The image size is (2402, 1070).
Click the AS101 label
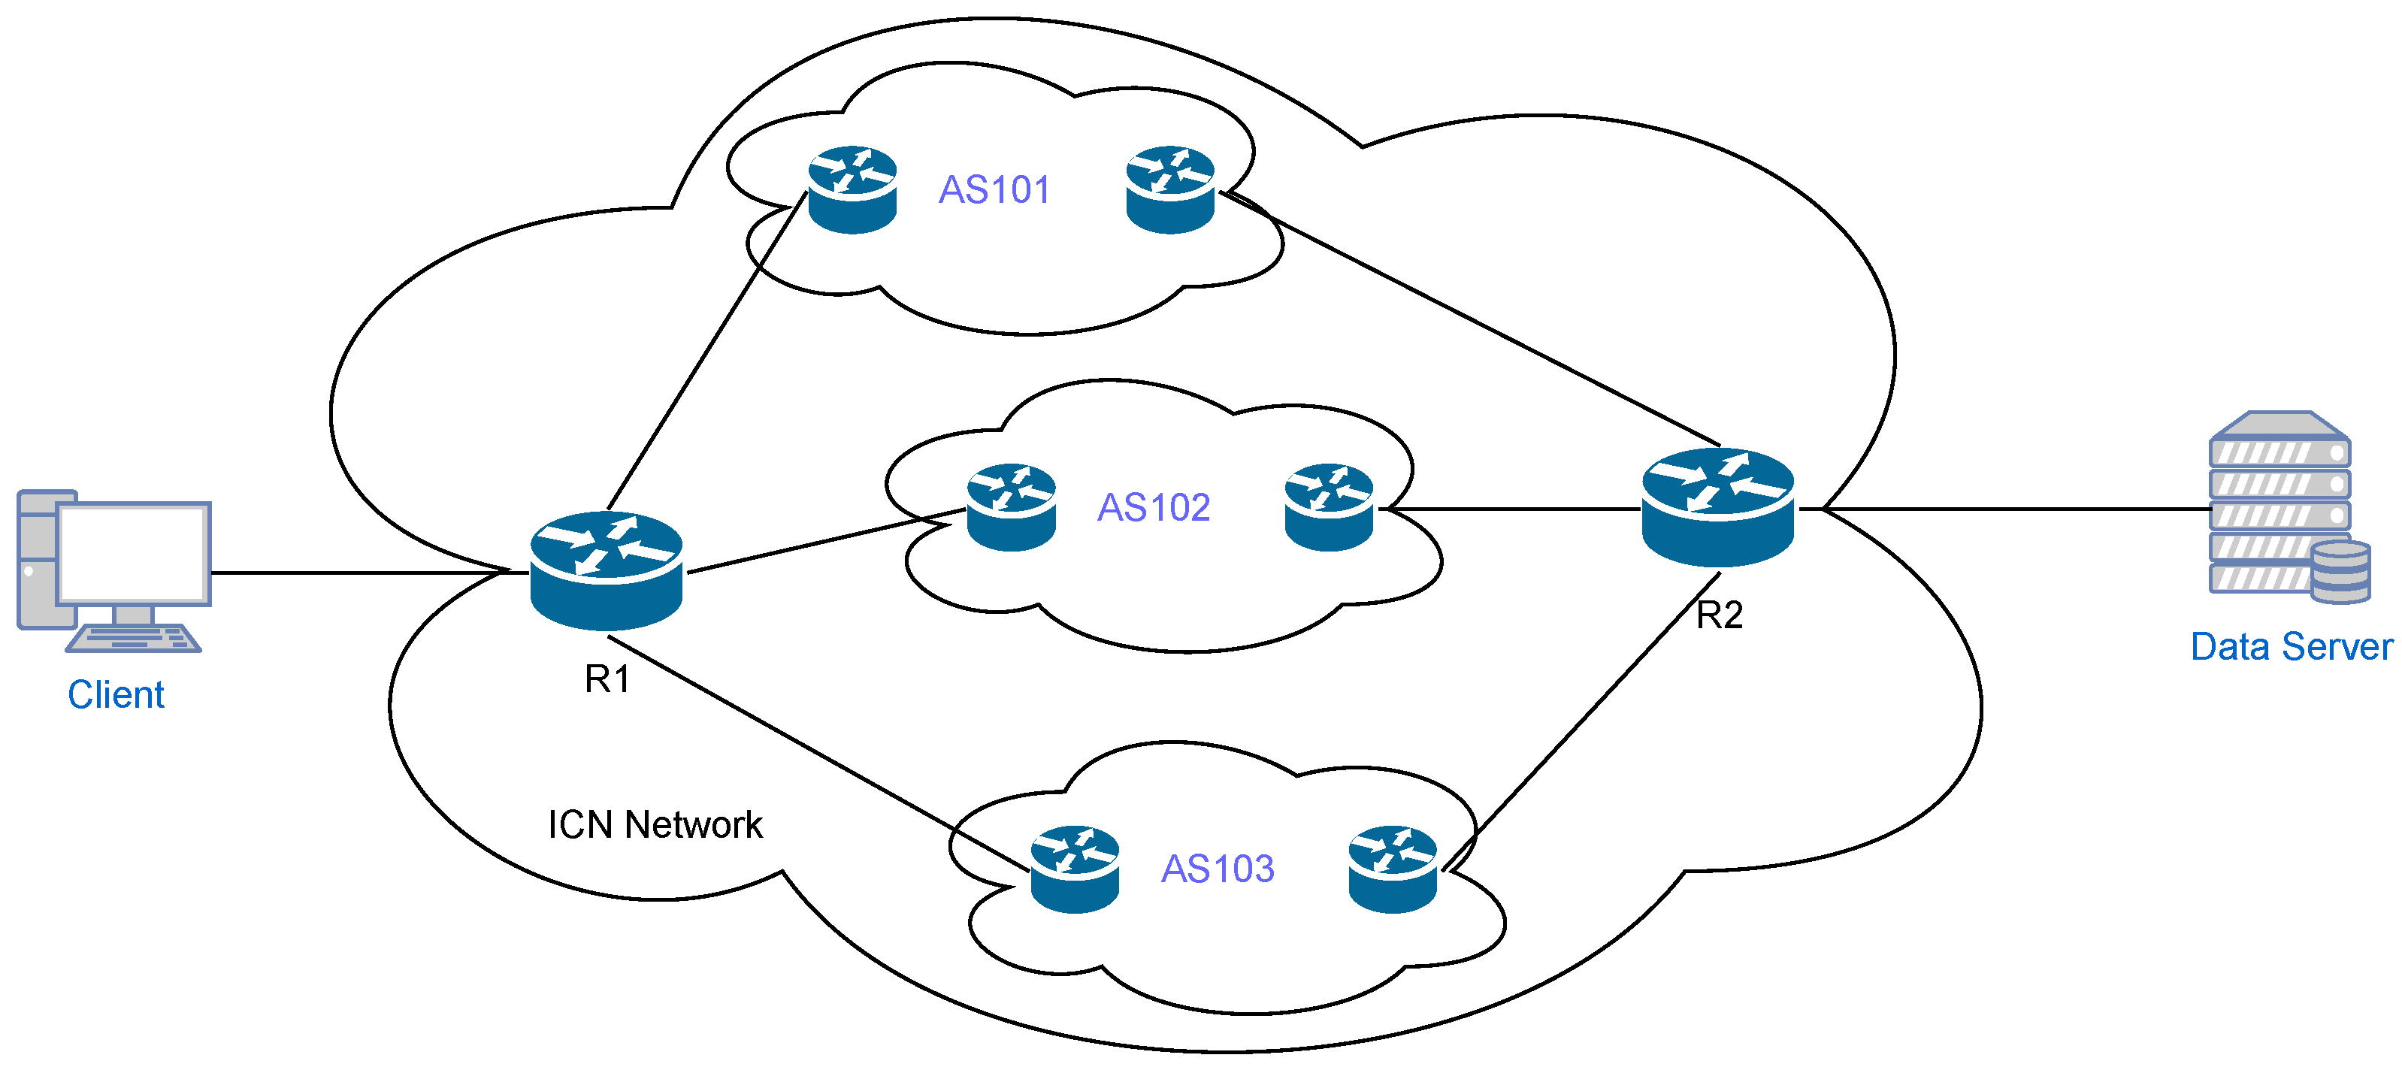[x=994, y=190]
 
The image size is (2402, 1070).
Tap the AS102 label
[x=1154, y=508]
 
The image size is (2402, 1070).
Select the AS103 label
[x=1217, y=869]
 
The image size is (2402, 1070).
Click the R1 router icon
[x=606, y=570]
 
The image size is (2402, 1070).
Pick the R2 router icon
[x=1717, y=508]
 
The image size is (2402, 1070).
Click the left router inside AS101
[x=852, y=190]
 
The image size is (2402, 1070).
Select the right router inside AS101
[x=1169, y=190]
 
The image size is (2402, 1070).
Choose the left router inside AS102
[x=1011, y=508]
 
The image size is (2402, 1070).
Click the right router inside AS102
[x=1328, y=508]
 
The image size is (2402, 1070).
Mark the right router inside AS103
[x=1392, y=869]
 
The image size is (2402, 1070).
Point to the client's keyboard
[x=133, y=639]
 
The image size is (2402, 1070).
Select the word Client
[x=116, y=695]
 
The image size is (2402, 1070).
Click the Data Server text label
[x=2291, y=647]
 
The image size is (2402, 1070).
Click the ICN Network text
[x=655, y=825]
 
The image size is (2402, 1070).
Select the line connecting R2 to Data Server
[x=2004, y=509]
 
